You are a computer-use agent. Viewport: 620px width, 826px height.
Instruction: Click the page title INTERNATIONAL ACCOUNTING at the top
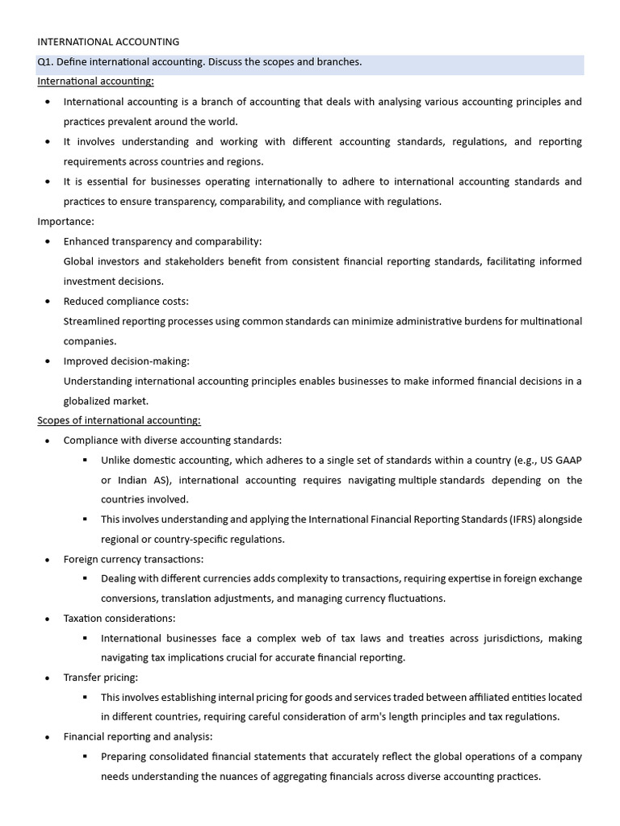coord(108,41)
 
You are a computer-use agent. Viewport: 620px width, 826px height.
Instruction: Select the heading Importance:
coord(66,221)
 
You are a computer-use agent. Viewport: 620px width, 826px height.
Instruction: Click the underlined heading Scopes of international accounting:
coord(119,420)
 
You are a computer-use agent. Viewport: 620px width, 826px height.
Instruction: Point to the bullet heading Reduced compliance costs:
coord(126,301)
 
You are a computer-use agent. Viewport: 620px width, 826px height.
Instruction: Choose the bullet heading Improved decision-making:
coord(127,361)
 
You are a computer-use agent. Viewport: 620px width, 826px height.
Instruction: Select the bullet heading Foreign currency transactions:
coord(133,558)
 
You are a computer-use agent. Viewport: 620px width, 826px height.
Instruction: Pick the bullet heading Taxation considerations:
coord(119,618)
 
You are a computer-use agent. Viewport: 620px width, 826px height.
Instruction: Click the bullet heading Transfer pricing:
coord(101,678)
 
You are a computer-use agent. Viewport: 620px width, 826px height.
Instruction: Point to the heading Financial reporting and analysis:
coord(137,736)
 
